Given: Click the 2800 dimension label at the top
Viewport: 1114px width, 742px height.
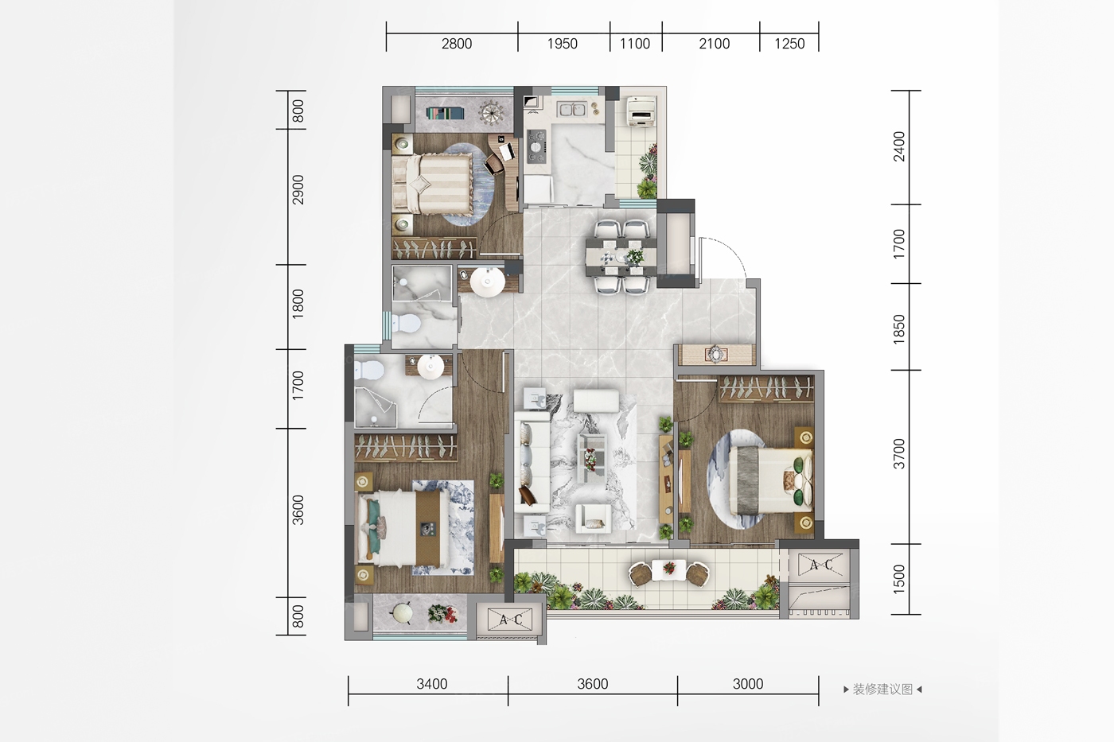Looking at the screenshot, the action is pos(457,44).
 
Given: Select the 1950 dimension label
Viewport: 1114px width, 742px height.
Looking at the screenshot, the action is pos(562,44).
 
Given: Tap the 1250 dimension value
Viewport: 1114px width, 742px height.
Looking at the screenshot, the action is pos(789,44).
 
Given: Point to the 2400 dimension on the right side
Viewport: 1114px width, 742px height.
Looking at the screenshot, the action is pos(899,146).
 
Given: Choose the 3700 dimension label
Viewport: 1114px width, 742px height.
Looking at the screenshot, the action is pos(899,454).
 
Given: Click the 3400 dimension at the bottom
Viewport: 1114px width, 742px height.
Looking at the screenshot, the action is pos(431,684).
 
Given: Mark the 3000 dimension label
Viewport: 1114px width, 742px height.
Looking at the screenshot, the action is pos(747,684).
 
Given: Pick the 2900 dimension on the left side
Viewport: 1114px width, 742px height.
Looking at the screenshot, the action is pos(298,190).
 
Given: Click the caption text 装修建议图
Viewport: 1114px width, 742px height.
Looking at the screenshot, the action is pos(882,690).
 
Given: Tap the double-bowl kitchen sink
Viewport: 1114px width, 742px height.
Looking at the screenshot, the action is pos(571,109).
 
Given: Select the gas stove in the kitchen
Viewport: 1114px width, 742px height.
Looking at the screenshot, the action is pos(536,146).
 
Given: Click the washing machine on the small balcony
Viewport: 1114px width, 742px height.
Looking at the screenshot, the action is pos(641,111).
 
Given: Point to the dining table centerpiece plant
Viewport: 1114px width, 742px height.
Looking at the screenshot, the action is pos(634,256).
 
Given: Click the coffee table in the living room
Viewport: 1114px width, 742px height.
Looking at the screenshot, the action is pos(592,458).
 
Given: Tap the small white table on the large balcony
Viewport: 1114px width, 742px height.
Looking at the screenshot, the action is pos(669,570).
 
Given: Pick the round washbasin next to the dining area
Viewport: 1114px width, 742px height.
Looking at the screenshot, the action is pos(487,282).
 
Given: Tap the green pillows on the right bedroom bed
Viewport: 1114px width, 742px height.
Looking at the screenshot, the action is pos(797,481).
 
